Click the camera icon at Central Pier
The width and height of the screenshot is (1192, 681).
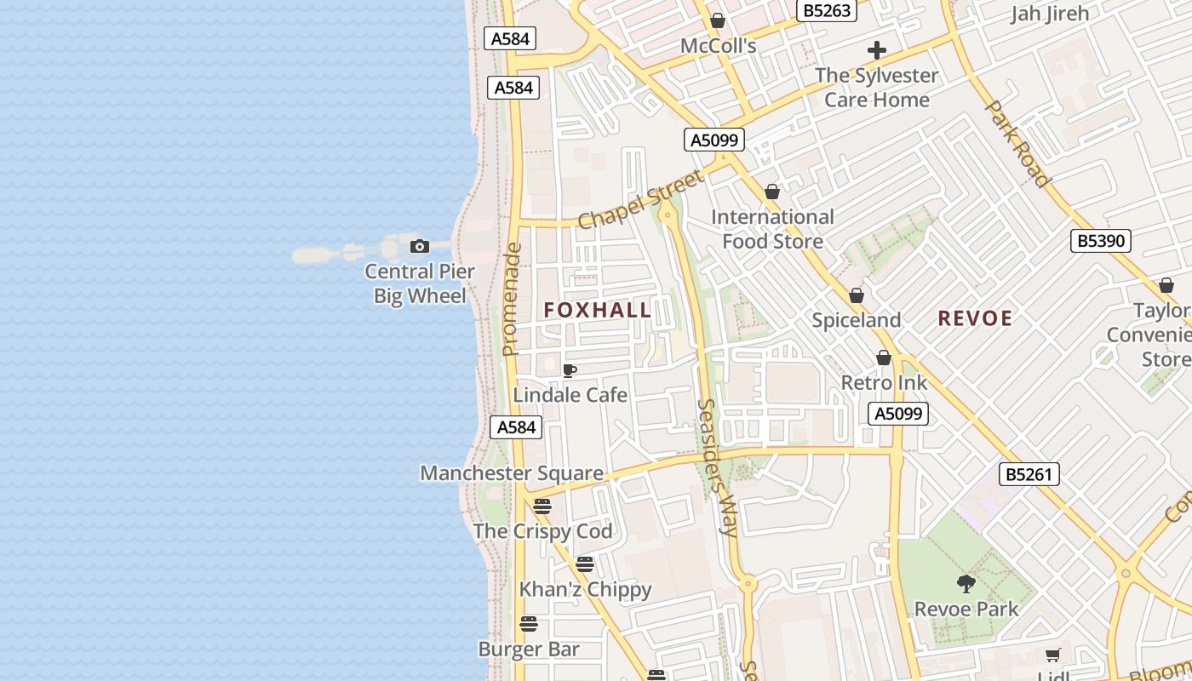[x=419, y=247]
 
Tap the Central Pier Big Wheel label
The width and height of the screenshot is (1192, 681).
[x=420, y=283]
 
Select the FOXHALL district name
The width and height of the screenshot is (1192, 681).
[x=598, y=310]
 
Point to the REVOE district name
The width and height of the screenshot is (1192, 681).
[x=975, y=318]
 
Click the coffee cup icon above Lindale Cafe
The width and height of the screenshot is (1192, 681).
[x=570, y=370]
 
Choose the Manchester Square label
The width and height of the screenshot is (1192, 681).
[x=512, y=473]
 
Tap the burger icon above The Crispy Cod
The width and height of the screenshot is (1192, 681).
[x=542, y=506]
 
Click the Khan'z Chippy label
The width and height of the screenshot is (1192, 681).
[x=585, y=589]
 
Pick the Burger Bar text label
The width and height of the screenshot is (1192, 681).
[x=529, y=650]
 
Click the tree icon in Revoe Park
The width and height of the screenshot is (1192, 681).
[x=966, y=584]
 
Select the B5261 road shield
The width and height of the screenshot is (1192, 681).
[x=1029, y=474]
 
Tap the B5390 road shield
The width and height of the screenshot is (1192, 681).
[x=1101, y=241]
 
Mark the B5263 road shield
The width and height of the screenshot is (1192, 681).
[x=826, y=10]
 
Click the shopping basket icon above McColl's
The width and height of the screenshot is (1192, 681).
[x=718, y=20]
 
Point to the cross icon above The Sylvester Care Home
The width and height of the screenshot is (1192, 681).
[x=876, y=50]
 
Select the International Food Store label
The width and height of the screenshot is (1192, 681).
[x=772, y=229]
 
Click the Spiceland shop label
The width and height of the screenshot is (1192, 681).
[x=856, y=320]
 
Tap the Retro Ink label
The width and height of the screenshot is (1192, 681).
[x=884, y=382]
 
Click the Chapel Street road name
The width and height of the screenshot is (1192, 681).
[x=640, y=200]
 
